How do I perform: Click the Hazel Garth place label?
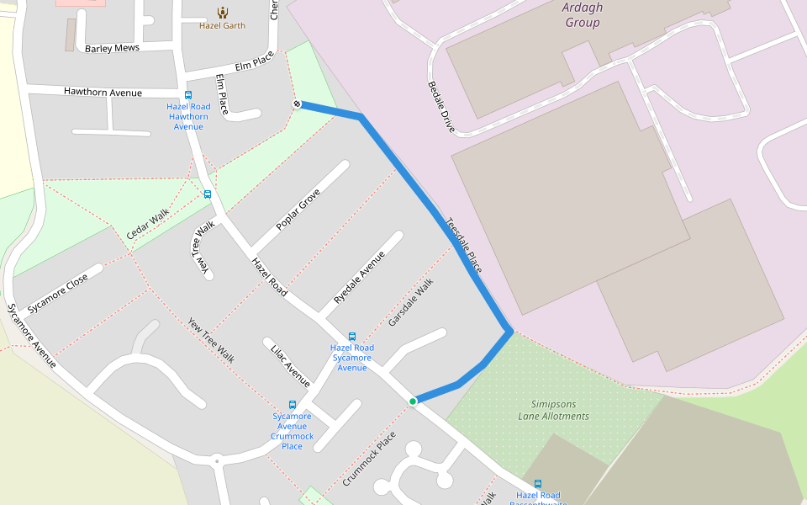click(222, 25)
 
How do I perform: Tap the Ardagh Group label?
click(583, 16)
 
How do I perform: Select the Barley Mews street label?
click(112, 49)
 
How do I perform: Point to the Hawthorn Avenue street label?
click(103, 92)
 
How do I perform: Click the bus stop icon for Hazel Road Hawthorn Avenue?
click(187, 95)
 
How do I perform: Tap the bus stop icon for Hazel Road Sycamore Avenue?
click(351, 337)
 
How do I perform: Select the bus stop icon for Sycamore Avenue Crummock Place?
click(293, 405)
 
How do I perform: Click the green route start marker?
click(413, 401)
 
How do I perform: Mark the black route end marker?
click(297, 104)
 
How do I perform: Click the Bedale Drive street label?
click(441, 107)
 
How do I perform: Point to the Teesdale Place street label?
click(464, 245)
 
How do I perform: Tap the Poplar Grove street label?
click(298, 210)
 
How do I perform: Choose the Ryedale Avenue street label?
click(359, 277)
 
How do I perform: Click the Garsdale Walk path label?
click(411, 304)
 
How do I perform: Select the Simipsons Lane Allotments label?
click(553, 410)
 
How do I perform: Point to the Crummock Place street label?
click(369, 459)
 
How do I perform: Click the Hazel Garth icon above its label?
click(222, 13)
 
